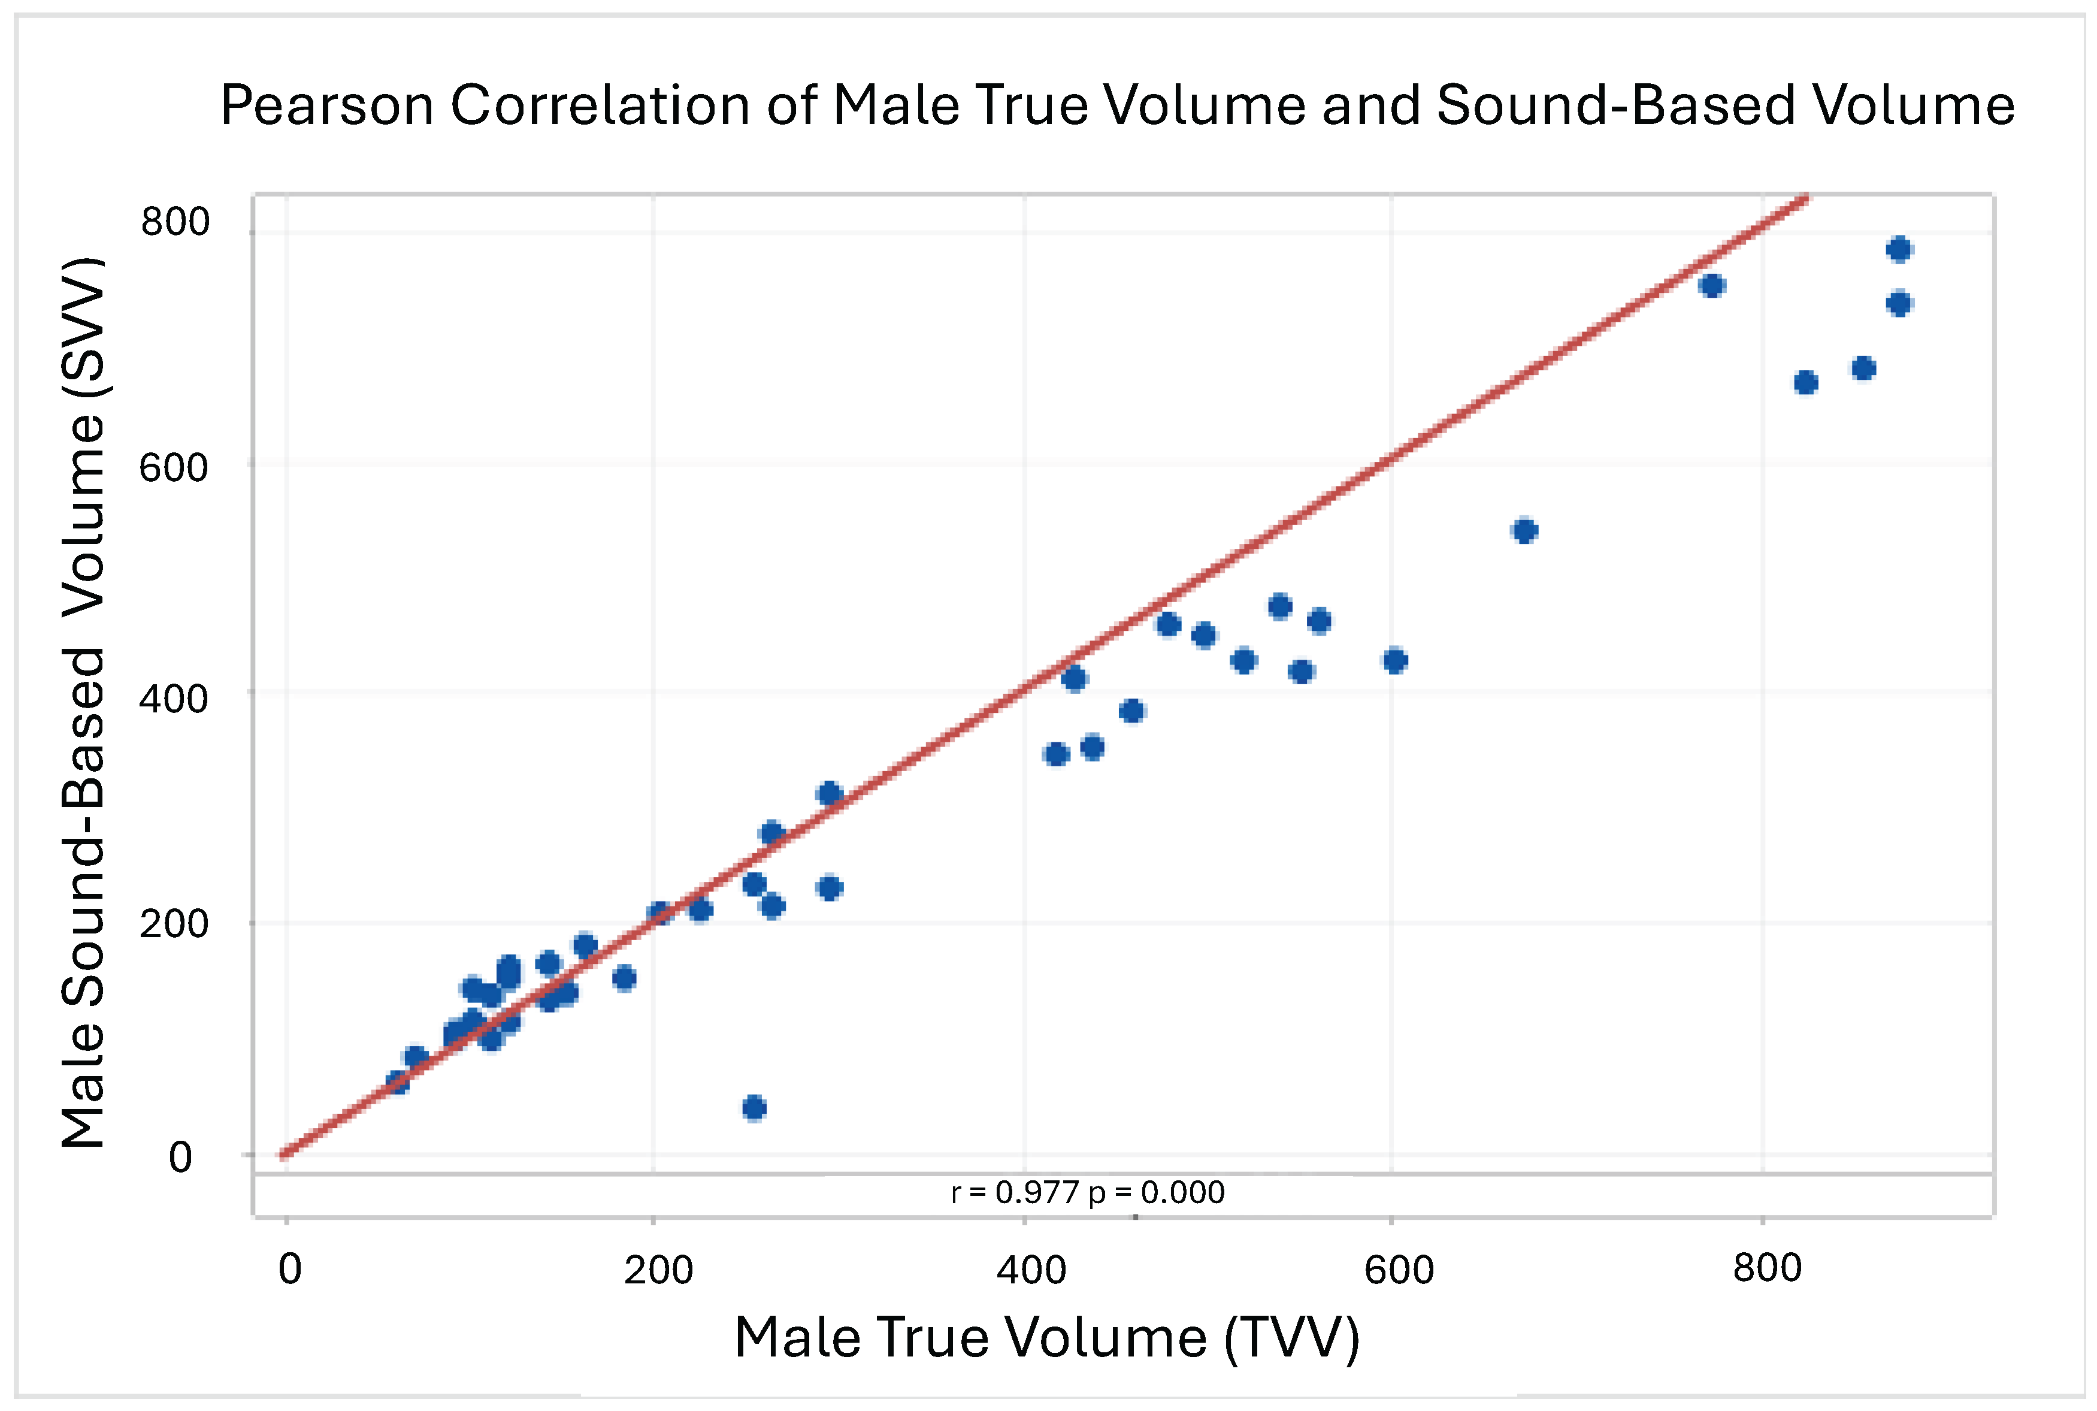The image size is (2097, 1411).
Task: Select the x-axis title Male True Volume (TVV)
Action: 1047,1337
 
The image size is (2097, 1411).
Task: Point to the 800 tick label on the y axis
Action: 174,221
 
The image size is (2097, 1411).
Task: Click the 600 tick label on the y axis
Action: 174,467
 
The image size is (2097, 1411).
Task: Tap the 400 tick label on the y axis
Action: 174,697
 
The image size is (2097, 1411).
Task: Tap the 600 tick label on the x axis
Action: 1399,1270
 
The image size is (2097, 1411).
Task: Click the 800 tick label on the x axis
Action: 1768,1268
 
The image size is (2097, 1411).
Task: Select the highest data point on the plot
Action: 1899,249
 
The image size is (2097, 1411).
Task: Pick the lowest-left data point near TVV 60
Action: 397,1081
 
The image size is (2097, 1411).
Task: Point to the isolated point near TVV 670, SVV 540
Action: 1525,531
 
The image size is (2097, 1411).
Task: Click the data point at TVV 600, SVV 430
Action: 1395,660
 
